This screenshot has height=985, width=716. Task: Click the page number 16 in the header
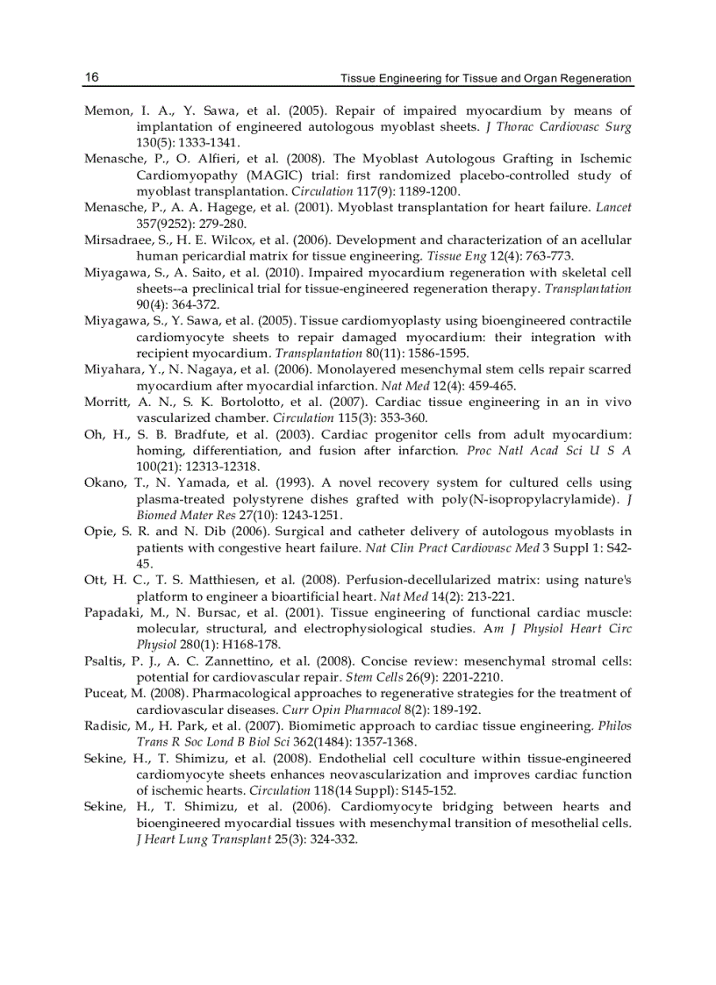[x=91, y=78]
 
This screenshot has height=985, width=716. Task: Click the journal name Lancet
[x=613, y=207]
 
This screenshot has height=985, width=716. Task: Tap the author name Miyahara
[x=111, y=369]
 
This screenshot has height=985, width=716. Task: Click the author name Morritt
[x=106, y=402]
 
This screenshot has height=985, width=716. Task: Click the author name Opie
[x=99, y=531]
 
